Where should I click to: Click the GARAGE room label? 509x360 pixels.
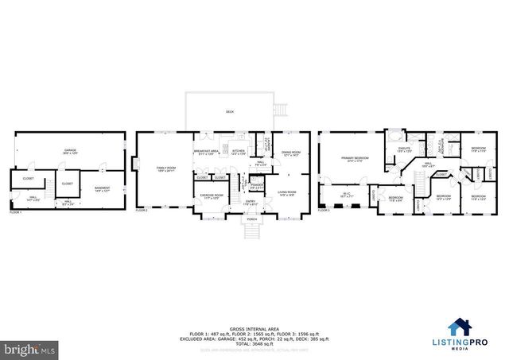tap(70, 149)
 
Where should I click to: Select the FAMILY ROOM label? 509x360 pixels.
tap(165, 168)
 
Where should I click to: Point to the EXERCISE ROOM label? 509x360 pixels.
tap(211, 195)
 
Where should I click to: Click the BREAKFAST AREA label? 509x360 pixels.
tap(206, 151)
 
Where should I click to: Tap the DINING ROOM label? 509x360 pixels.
tap(291, 153)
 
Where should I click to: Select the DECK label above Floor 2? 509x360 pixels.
tap(230, 112)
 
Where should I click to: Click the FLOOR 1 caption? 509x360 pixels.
tap(15, 212)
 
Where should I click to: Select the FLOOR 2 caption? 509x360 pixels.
tap(142, 211)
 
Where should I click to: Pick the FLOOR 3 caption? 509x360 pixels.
tap(324, 211)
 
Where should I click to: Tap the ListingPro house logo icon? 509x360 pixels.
tap(460, 327)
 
